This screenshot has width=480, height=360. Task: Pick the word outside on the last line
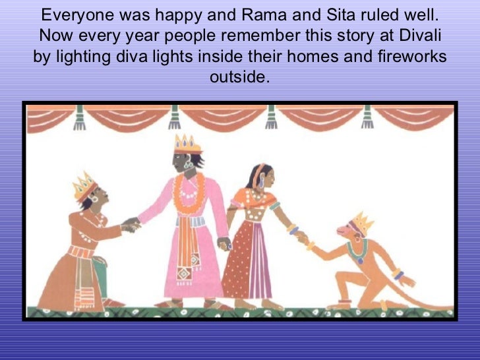coord(239,78)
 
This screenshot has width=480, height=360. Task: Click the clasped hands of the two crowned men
coord(132,225)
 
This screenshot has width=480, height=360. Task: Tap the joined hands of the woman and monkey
coord(303,238)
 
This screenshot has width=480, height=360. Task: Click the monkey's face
coord(350,234)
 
